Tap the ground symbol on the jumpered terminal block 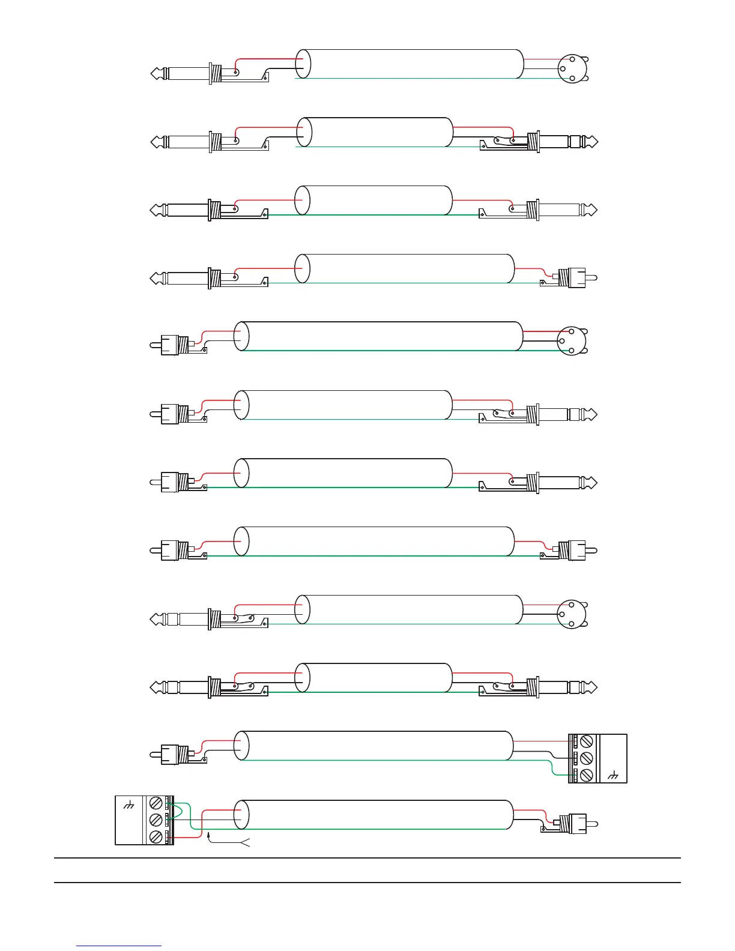(x=129, y=806)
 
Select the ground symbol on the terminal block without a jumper (x=612, y=776)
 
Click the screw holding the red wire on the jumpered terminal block (x=156, y=836)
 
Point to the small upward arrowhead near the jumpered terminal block (x=209, y=835)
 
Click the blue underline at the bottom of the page (x=119, y=946)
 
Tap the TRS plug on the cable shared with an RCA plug (x=561, y=414)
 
